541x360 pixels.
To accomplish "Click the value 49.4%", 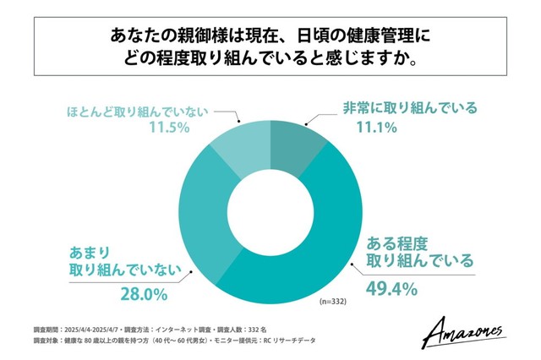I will pyautogui.click(x=391, y=288).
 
